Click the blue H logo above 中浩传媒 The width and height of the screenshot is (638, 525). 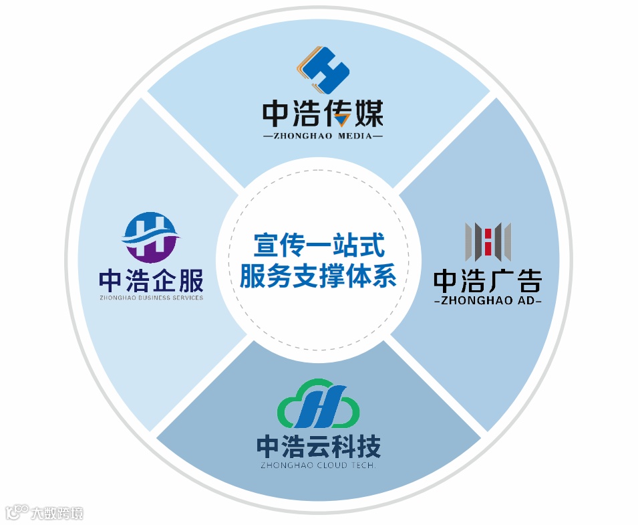point(324,70)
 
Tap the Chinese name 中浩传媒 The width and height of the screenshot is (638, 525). point(323,114)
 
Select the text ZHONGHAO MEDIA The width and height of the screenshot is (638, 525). point(323,136)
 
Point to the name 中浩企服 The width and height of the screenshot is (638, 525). point(150,281)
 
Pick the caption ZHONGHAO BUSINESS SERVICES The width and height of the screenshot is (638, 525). point(150,298)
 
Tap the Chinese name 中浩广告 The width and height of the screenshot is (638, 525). point(488,281)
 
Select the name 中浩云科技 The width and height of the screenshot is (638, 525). point(319,446)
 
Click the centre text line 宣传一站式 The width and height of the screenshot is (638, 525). point(319,245)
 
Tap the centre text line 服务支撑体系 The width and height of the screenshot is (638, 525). point(318,275)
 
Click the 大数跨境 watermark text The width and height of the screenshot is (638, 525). point(58,513)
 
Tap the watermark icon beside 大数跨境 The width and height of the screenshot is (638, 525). point(16,512)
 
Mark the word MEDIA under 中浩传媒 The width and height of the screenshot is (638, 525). point(355,136)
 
